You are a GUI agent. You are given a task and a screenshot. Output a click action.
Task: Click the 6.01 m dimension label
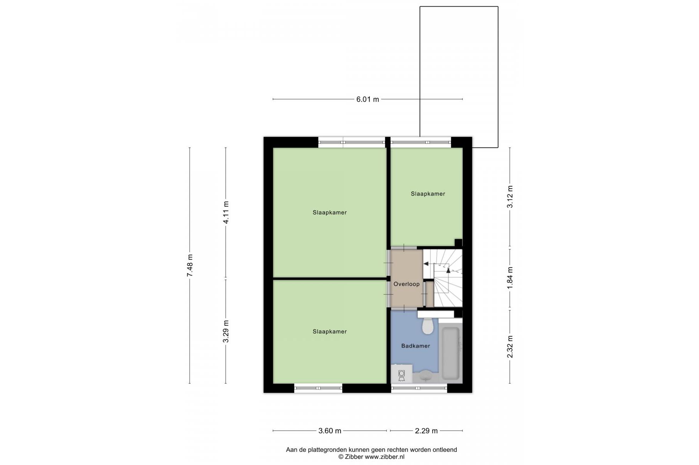point(368,99)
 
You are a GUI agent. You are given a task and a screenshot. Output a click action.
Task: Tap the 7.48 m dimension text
point(190,265)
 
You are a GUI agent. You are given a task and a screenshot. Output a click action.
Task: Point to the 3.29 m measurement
point(226,331)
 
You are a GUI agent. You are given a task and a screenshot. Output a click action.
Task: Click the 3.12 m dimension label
point(510,196)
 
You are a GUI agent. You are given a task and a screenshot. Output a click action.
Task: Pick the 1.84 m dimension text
point(510,277)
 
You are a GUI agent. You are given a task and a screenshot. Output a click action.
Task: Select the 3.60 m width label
point(330,431)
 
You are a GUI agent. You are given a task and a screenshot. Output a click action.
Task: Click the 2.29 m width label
point(426,431)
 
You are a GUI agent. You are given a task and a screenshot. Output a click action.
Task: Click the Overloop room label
point(406,284)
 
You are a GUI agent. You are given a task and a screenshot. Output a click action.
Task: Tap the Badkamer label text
point(416,346)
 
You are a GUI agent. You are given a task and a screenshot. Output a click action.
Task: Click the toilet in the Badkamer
point(428,326)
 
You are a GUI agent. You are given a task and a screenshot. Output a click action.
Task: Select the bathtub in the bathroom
point(451,353)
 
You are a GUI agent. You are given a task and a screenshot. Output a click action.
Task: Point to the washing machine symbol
point(402,374)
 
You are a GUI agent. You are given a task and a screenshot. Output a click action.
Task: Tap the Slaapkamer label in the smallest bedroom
point(428,194)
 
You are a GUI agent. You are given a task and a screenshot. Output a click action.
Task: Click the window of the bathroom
point(419,388)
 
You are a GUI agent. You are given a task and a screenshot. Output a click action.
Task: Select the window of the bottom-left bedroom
point(318,388)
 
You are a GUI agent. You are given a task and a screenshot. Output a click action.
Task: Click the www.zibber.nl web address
point(385,457)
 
